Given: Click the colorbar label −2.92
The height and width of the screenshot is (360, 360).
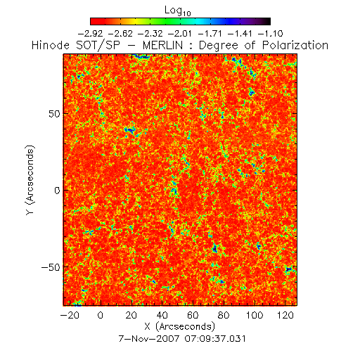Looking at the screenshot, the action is tap(90, 34).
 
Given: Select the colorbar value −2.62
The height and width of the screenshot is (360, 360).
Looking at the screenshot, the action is tap(120, 34).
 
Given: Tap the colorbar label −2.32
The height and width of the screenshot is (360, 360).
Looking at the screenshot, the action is tap(150, 34).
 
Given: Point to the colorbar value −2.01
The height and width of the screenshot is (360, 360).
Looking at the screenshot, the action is tap(180, 34).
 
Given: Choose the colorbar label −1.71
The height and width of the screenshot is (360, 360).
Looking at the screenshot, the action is tap(210, 34).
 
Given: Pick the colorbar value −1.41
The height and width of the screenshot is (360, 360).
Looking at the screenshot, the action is tap(240, 34).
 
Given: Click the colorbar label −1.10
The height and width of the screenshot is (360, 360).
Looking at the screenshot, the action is tap(271, 34).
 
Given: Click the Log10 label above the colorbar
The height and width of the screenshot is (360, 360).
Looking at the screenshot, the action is tap(178, 11).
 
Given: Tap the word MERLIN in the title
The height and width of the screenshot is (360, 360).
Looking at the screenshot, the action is tap(162, 45).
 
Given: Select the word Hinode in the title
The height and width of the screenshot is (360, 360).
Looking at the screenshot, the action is tap(51, 45).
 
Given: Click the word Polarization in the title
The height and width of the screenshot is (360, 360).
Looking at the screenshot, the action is tap(295, 45).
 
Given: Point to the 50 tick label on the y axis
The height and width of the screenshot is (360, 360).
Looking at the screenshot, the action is tap(54, 114).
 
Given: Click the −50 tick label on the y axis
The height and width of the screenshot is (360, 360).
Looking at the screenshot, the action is tap(51, 267).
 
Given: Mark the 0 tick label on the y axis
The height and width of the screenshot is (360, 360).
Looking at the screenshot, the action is tap(57, 191).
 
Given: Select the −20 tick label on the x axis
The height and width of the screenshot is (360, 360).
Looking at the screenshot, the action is tap(70, 315).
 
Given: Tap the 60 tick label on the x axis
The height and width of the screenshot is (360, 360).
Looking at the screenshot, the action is tap(193, 315).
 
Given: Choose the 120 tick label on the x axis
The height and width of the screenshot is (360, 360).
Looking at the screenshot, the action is tap(285, 315).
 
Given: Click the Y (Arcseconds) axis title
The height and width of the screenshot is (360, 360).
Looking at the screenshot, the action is tap(30, 180).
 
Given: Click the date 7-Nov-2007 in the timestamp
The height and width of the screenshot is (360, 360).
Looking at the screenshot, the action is tap(149, 339).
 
